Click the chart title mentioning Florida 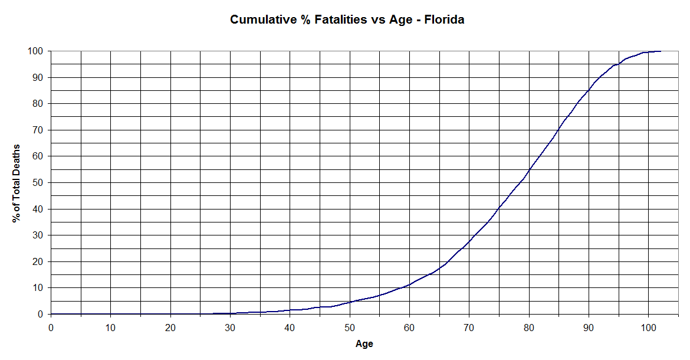347,19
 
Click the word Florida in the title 444,19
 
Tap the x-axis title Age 364,343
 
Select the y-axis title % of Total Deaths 17,183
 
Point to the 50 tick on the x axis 350,326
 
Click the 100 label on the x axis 648,326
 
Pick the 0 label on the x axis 51,326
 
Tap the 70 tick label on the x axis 469,326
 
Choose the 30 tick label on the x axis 231,326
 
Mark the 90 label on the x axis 589,326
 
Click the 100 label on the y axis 35,51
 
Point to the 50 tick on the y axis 38,183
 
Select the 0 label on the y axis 40,315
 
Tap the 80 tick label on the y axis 38,104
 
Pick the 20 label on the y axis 38,262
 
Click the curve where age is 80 529,170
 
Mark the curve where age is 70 469,241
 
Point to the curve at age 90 589,90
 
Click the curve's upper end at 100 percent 660,51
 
